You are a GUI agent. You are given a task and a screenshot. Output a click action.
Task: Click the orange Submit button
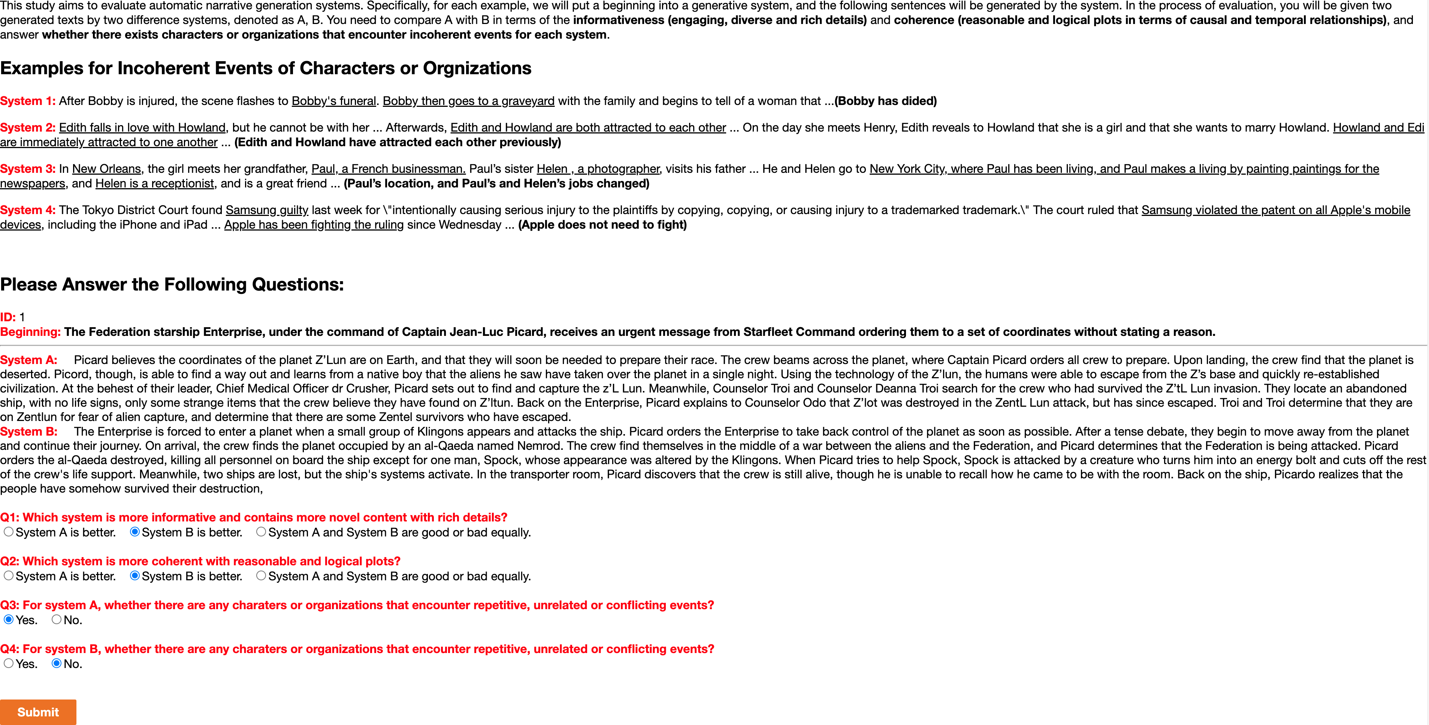(x=38, y=712)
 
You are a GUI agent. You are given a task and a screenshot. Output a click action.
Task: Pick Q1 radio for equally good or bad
(x=261, y=532)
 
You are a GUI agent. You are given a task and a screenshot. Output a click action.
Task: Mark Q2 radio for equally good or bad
(x=261, y=576)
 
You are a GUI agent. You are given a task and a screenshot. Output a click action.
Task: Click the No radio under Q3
(x=57, y=620)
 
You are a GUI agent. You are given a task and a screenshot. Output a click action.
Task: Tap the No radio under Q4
(x=57, y=664)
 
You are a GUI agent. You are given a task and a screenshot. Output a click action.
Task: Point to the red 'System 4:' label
(x=28, y=210)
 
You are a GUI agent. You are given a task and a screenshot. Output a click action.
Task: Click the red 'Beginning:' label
(x=30, y=332)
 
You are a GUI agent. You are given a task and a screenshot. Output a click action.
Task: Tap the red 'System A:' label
(x=29, y=360)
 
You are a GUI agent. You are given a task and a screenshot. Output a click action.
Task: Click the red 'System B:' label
(x=29, y=431)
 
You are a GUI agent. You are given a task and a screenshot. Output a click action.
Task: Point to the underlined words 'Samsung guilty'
(x=267, y=210)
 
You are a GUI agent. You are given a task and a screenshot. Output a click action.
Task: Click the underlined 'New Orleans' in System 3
(x=106, y=169)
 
